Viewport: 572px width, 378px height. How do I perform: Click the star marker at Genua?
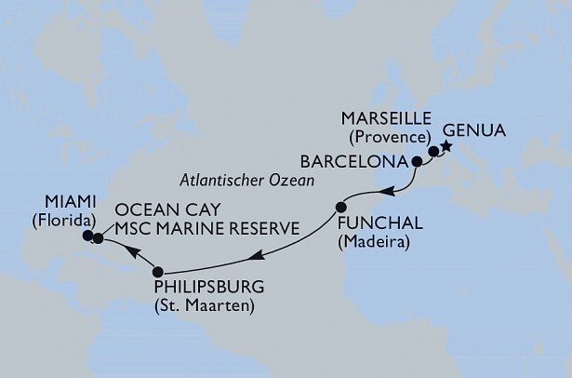point(446,146)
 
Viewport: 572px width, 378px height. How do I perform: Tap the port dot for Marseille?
point(432,150)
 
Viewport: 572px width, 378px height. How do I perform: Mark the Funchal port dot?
point(341,207)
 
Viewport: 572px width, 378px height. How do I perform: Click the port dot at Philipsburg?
point(159,269)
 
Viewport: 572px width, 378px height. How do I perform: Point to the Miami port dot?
point(87,236)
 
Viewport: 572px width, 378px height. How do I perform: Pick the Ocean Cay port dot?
point(98,238)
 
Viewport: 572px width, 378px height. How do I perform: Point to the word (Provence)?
point(387,139)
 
